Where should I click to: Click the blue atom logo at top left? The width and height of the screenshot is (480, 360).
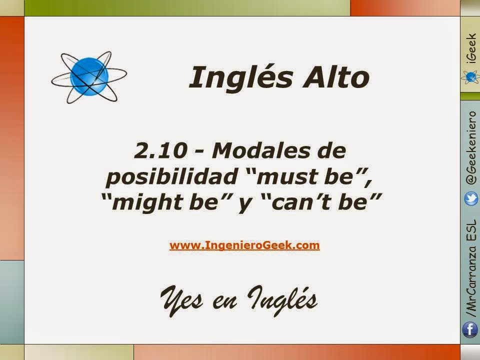click(89, 77)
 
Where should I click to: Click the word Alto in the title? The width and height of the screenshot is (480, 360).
click(336, 77)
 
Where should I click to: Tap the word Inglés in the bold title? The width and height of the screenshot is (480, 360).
click(241, 77)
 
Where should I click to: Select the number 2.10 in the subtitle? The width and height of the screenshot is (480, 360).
click(160, 150)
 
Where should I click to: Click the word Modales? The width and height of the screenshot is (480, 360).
click(261, 150)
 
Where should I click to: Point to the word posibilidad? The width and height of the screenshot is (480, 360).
click(171, 177)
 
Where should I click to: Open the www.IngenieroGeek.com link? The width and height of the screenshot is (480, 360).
click(244, 245)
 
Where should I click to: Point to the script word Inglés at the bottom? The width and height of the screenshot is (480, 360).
click(282, 300)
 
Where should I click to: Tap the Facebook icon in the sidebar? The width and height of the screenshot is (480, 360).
click(470, 329)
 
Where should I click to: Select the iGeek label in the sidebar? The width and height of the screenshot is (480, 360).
click(471, 48)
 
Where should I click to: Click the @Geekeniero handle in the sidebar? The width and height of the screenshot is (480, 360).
click(471, 148)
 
